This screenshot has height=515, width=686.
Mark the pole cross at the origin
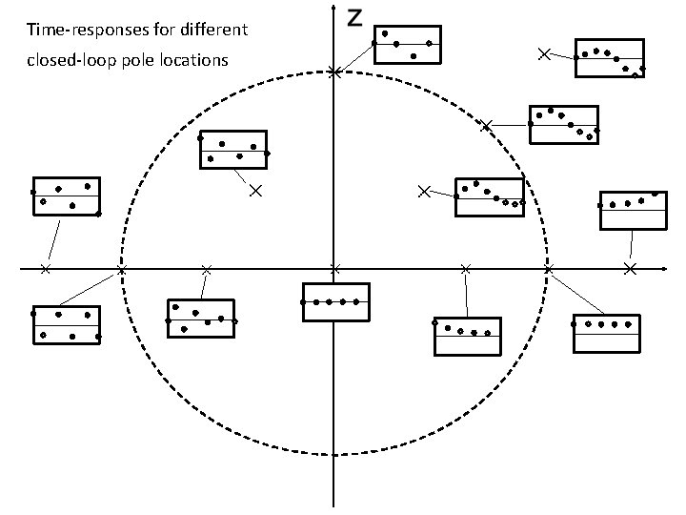(x=333, y=269)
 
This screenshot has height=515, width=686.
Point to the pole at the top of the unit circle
(x=333, y=72)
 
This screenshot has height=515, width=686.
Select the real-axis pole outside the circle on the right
(x=629, y=269)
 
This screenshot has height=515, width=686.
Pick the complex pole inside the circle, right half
(x=424, y=192)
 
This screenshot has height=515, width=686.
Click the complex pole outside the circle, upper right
(x=544, y=54)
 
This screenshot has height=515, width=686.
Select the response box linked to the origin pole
(x=334, y=302)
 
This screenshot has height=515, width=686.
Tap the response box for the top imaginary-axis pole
(x=408, y=45)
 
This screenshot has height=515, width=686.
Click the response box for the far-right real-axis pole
(x=631, y=211)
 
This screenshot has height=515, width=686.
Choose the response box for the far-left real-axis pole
(x=66, y=196)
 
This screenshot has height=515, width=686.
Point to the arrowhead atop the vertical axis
(x=333, y=7)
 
